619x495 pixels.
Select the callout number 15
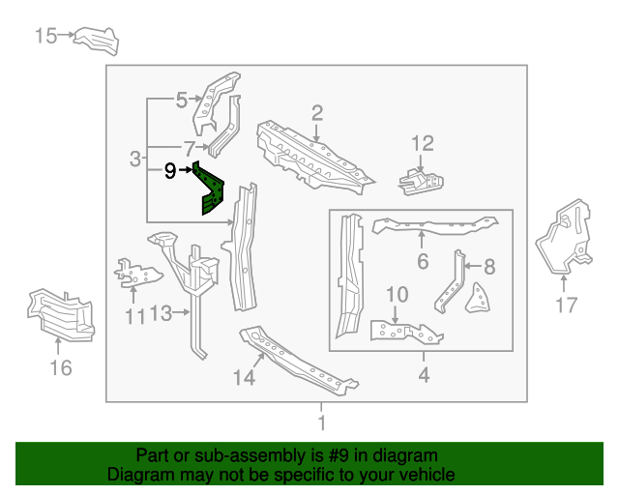pyautogui.click(x=46, y=37)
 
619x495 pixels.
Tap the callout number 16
pyautogui.click(x=60, y=367)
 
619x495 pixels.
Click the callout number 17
pyautogui.click(x=567, y=306)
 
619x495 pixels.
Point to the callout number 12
pyautogui.click(x=423, y=144)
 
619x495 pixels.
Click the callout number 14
pyautogui.click(x=245, y=378)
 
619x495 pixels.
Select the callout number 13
pyautogui.click(x=161, y=313)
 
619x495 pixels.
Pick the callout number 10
pyautogui.click(x=398, y=294)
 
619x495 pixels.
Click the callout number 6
pyautogui.click(x=423, y=260)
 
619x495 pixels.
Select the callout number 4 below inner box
pyautogui.click(x=423, y=374)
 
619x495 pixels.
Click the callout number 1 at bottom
pyautogui.click(x=320, y=422)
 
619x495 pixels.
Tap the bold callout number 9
pyautogui.click(x=170, y=171)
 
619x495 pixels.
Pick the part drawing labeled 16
pyautogui.click(x=62, y=314)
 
